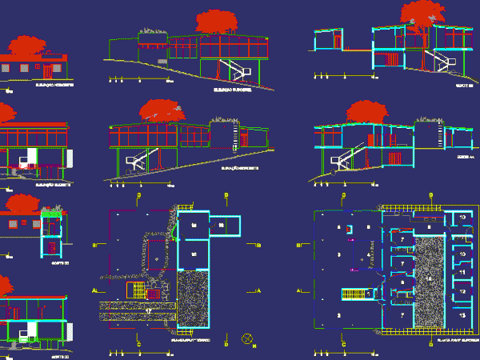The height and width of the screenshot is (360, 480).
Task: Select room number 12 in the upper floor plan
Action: tap(462, 293)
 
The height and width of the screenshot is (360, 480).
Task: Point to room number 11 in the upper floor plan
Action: tap(462, 273)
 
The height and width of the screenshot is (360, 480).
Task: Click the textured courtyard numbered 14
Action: tap(430, 276)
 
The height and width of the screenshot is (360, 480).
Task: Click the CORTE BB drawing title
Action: tap(462, 85)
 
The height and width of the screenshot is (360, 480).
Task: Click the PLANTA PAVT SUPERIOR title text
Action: tap(453, 341)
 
